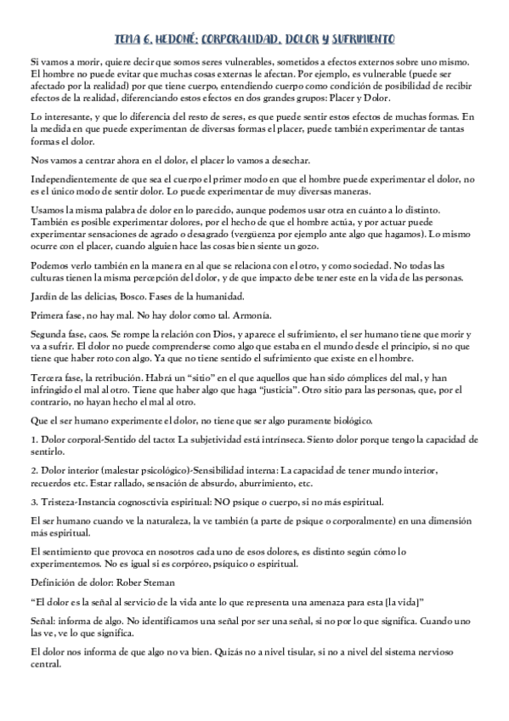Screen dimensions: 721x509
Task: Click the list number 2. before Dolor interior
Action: [33, 470]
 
